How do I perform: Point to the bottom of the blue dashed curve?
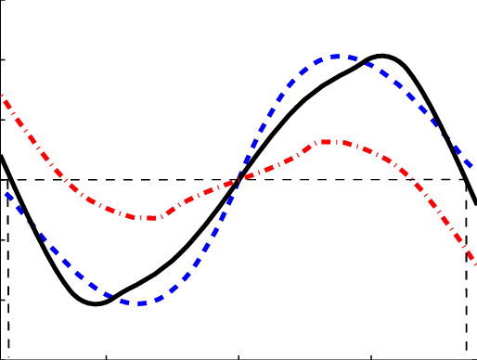click(140, 302)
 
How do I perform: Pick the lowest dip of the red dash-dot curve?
click(151, 218)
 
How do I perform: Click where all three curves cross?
click(239, 178)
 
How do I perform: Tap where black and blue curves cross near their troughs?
click(112, 296)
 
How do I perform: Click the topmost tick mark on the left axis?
click(3, 60)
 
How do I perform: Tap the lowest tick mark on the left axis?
click(3, 299)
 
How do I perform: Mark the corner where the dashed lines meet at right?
click(465, 180)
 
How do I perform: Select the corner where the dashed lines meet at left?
click(7, 180)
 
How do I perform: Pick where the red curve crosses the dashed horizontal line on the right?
click(419, 180)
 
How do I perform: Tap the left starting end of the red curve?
click(2, 96)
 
